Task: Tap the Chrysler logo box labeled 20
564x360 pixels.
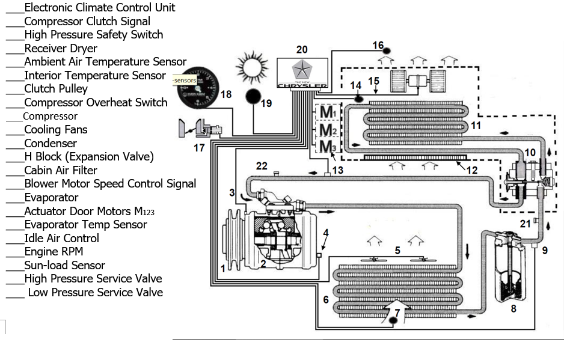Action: (302, 73)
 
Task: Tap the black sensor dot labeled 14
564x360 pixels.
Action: (358, 97)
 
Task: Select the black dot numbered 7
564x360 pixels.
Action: (393, 320)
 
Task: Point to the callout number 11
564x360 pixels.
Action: (476, 126)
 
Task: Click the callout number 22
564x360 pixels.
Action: (261, 166)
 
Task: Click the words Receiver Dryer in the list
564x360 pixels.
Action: (60, 48)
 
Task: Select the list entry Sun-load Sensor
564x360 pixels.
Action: (64, 265)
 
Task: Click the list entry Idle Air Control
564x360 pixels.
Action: (61, 238)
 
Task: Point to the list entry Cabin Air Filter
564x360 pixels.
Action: (60, 170)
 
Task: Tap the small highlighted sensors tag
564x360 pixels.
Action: (185, 80)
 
